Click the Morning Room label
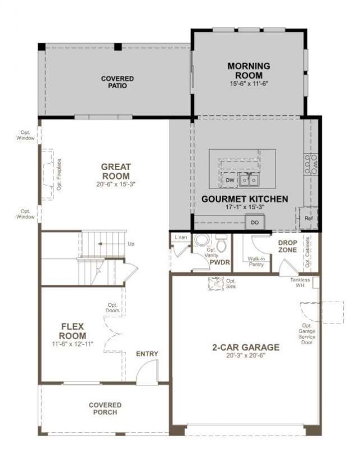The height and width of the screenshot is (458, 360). click(249, 70)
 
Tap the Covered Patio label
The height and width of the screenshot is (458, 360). click(118, 82)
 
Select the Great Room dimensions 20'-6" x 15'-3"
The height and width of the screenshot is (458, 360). click(116, 185)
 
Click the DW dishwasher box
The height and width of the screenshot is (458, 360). click(229, 180)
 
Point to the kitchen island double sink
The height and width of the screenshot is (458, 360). click(249, 180)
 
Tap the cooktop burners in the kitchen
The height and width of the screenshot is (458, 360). click(310, 164)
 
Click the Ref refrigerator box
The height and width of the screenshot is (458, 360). click(308, 218)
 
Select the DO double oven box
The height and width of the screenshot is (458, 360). click(255, 222)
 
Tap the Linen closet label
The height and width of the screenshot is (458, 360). click(181, 237)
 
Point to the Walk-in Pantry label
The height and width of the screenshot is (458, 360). click(256, 262)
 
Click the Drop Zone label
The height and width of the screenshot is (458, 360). click(287, 246)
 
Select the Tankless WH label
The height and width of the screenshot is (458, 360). click(300, 282)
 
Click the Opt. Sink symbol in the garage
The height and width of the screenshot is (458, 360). click(216, 284)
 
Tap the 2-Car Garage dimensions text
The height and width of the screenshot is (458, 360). click(246, 356)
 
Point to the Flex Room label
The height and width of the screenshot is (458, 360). click(73, 331)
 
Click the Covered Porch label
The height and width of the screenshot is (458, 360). click(105, 408)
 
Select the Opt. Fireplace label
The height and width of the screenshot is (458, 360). click(59, 174)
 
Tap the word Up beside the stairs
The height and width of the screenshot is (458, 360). click(131, 244)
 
